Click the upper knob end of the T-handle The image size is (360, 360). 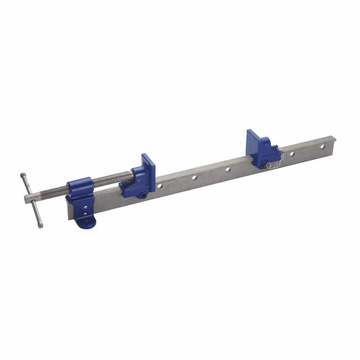coord(24,176)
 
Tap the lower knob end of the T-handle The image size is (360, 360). coord(41,225)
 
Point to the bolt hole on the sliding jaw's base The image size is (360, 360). coord(143,195)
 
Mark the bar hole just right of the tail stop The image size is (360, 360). coord(292,154)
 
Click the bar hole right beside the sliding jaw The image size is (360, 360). coord(161,185)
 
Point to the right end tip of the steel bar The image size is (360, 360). coord(334,140)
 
